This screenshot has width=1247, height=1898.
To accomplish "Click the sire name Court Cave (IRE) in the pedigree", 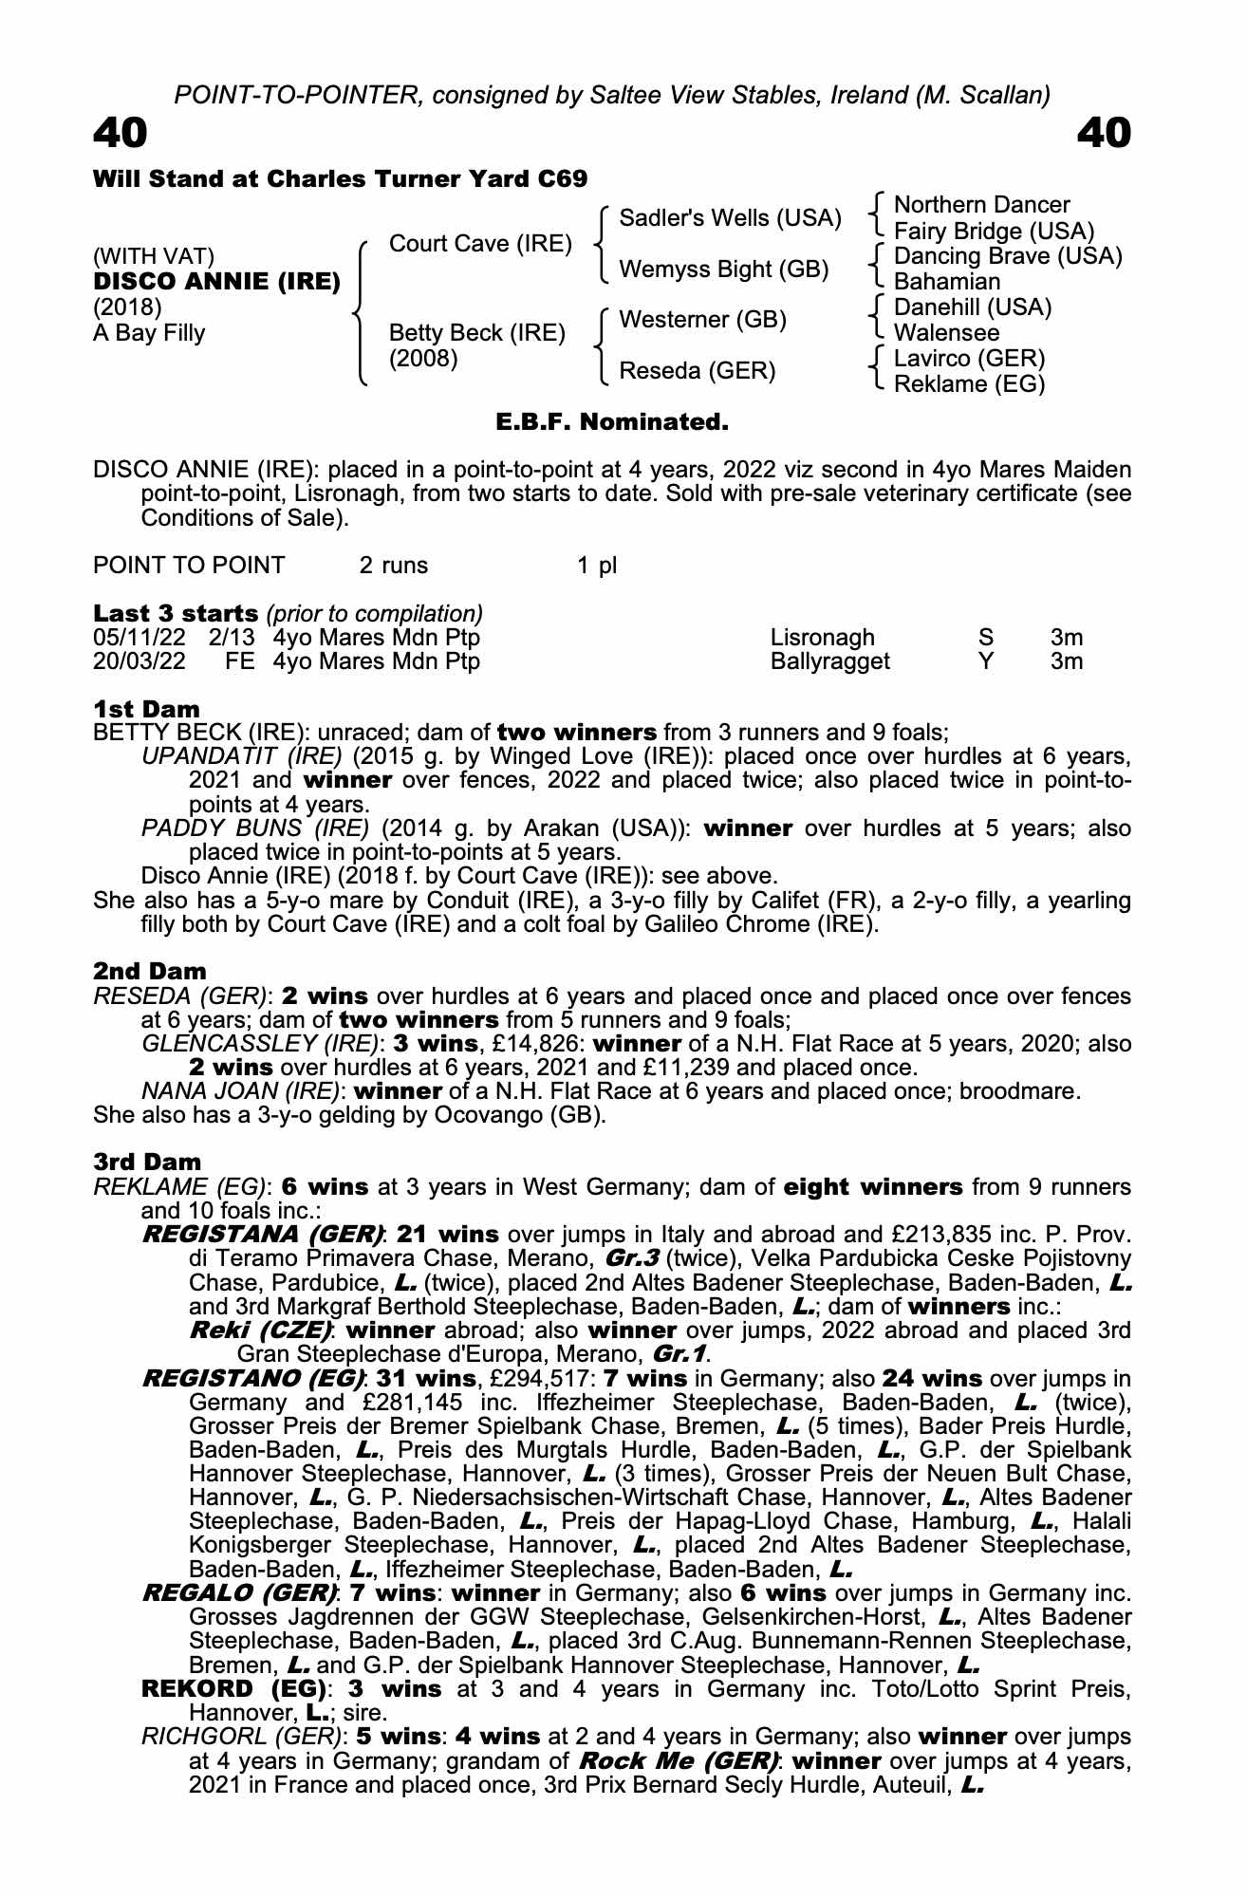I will point(480,244).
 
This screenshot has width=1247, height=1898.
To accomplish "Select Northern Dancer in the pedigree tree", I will point(981,205).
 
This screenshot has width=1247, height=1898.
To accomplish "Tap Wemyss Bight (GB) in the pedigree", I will point(723,270).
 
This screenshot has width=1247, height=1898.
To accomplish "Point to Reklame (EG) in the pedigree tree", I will point(969,384).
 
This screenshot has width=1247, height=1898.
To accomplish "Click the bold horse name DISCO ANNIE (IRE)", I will point(216,282).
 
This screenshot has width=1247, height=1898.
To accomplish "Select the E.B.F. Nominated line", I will point(612,422).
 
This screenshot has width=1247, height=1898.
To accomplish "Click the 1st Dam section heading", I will point(146,709).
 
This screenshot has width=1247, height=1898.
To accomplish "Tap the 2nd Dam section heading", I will point(149,971).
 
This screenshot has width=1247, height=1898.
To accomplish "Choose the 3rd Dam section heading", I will point(147,1162).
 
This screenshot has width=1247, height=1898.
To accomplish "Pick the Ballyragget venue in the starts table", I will point(829,661).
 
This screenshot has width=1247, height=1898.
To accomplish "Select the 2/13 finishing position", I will point(232,638).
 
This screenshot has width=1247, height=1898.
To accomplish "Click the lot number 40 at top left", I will point(121,134).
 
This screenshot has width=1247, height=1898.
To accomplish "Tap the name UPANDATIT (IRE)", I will point(241,756).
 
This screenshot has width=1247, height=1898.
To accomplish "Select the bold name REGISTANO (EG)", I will point(253,1378).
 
